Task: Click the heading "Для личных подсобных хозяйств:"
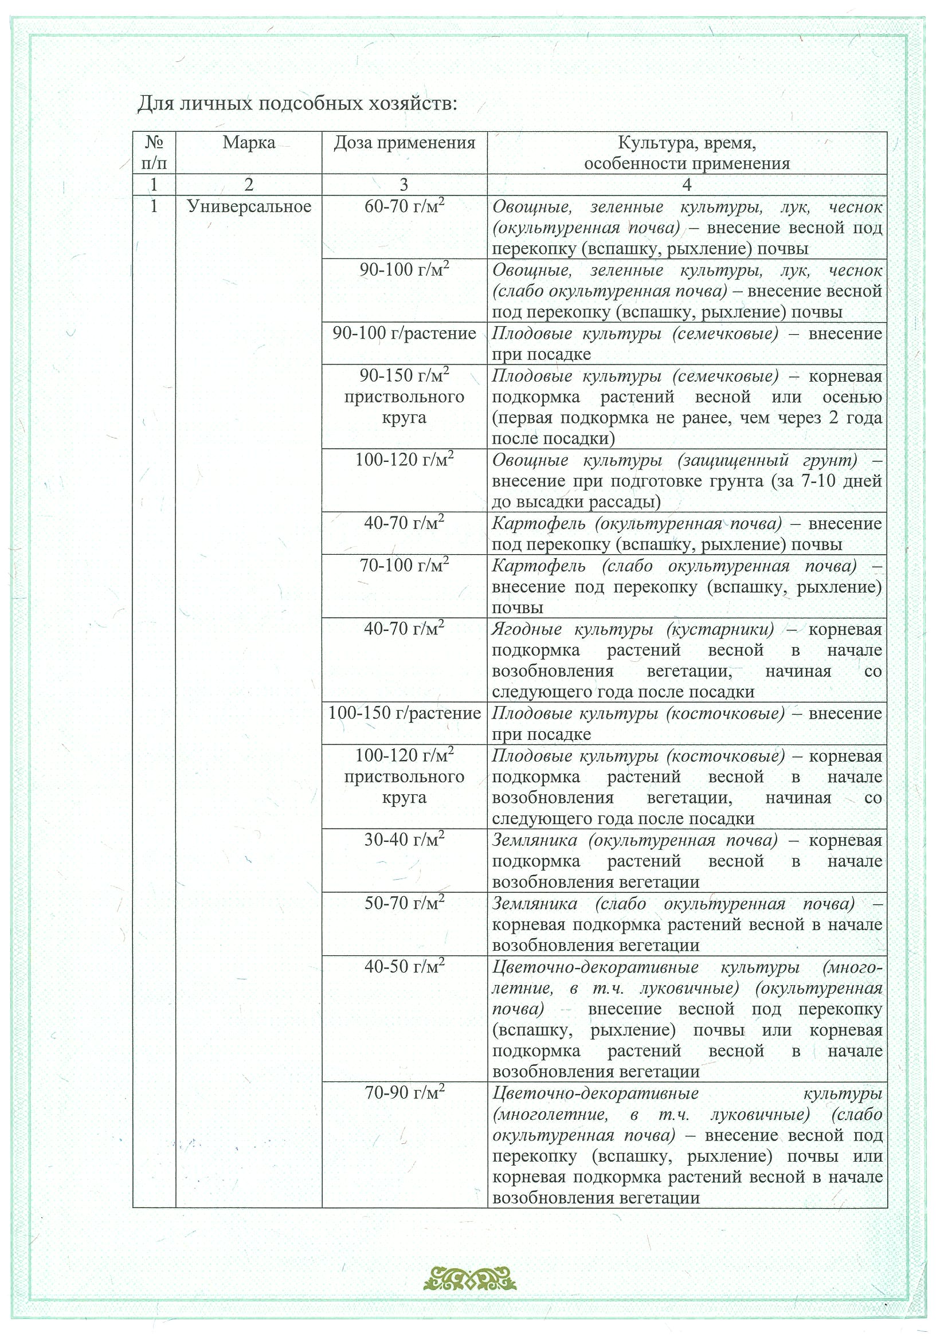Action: (297, 104)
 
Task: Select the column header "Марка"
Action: (249, 143)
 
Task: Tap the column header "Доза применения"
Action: (404, 143)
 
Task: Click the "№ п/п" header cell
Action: (154, 152)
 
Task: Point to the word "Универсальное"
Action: (249, 207)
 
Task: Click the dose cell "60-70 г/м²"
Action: (404, 207)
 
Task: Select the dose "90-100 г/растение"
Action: (404, 334)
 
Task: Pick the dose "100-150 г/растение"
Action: (404, 713)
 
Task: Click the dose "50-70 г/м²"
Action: (404, 904)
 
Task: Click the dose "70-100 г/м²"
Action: (404, 566)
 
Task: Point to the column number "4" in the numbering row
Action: (687, 185)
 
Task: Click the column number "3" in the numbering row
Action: (404, 185)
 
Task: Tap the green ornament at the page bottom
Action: (470, 1277)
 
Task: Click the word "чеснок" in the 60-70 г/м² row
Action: (855, 207)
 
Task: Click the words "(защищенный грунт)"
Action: (767, 460)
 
